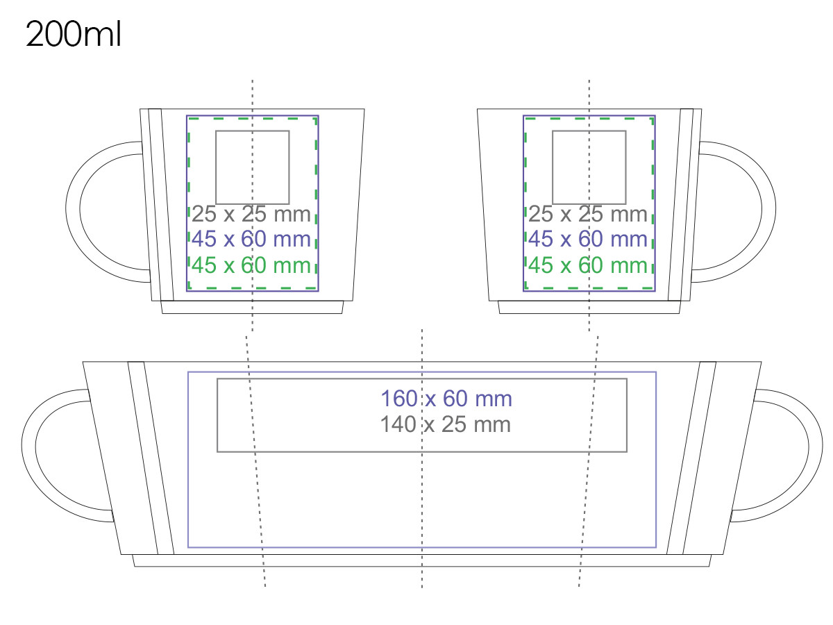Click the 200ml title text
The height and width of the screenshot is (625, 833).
coord(74,34)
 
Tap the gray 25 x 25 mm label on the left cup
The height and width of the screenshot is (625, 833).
coord(251,214)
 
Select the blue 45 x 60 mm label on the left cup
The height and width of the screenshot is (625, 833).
coord(251,239)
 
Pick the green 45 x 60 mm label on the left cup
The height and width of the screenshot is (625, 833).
coord(251,265)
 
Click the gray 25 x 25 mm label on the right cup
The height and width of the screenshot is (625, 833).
coord(587,214)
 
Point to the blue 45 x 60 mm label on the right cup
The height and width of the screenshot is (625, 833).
coord(587,239)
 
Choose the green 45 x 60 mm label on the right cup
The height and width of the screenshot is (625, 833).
coord(587,265)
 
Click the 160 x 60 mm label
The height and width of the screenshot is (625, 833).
coord(446,399)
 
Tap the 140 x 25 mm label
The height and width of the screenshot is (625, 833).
coord(445,424)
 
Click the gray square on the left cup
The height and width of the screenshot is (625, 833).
coord(216,167)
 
